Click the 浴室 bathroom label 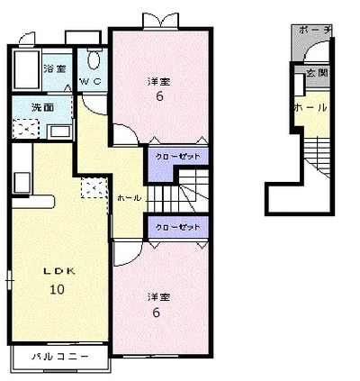[x=55, y=68]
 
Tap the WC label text [x=91, y=81]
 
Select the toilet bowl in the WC [x=94, y=59]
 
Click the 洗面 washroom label [x=43, y=107]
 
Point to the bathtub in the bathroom [x=26, y=69]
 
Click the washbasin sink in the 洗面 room [x=60, y=132]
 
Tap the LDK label [x=59, y=271]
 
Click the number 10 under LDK [x=57, y=289]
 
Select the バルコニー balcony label [x=60, y=357]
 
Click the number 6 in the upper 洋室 [x=159, y=96]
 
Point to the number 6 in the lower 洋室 [x=157, y=313]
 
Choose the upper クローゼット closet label [x=177, y=157]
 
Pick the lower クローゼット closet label [x=177, y=227]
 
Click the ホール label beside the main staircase [x=129, y=198]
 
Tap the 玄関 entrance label [x=318, y=73]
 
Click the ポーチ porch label [x=315, y=30]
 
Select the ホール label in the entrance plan [x=310, y=107]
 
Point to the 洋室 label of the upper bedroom [x=158, y=81]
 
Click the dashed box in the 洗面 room [x=26, y=129]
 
